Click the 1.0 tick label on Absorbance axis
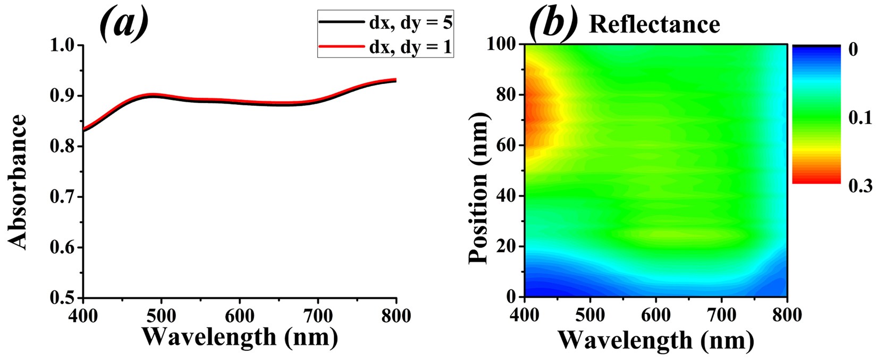63,46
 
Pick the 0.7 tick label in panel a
63,197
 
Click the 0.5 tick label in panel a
63,298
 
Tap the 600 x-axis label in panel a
240,315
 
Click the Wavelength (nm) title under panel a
240,337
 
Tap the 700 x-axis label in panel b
721,315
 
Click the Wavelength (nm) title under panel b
655,339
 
